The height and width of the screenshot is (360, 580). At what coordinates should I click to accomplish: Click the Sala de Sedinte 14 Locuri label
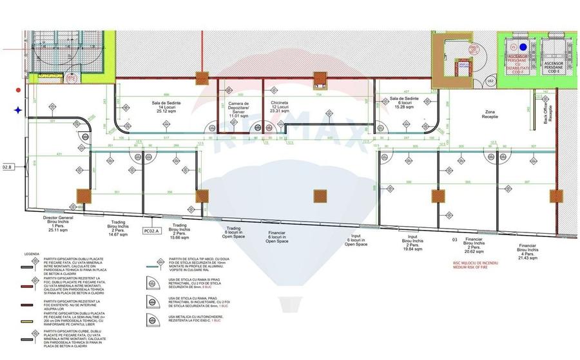click(x=166, y=106)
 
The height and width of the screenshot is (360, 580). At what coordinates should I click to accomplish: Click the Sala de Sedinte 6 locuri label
click(x=405, y=103)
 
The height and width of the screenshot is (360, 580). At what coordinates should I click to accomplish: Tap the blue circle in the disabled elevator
click(x=523, y=46)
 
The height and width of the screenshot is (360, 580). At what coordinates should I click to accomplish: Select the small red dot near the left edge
click(x=19, y=91)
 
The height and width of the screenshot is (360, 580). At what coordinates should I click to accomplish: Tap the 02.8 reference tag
click(x=8, y=167)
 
